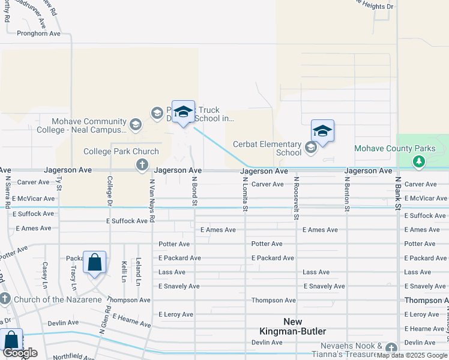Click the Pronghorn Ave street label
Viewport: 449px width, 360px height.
point(39,34)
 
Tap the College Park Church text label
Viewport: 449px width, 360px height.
point(121,152)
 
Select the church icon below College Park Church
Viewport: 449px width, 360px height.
point(142,165)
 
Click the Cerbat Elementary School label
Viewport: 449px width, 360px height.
point(267,148)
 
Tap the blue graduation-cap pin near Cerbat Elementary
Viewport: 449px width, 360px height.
point(322,131)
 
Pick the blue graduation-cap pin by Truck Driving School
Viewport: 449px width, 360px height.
point(183,112)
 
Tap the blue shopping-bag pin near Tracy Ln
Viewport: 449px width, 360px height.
point(94,262)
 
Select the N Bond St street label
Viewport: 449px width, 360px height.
point(194,193)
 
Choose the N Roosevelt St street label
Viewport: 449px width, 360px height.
point(297,198)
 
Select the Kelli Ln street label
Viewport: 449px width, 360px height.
point(124,272)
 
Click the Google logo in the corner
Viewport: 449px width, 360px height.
point(20,353)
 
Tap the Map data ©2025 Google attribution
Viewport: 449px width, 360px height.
point(412,355)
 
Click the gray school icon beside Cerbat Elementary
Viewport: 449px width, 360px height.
point(310,147)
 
